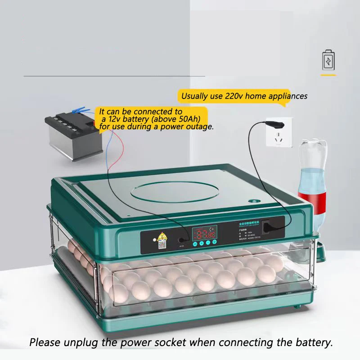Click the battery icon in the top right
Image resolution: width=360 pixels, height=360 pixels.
[x=328, y=61]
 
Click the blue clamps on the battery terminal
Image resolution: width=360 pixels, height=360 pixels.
[x=81, y=109]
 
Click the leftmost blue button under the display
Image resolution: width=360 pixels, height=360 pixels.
[x=194, y=243]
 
